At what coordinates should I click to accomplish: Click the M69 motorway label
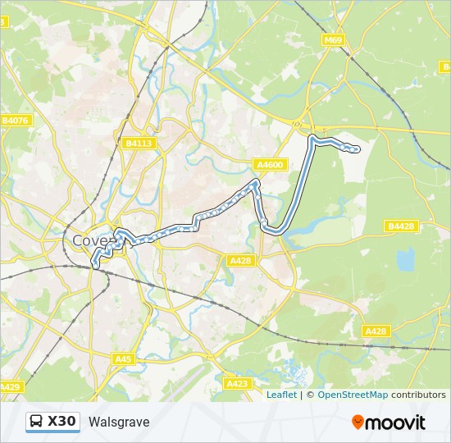333,39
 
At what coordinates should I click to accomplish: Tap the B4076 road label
15,121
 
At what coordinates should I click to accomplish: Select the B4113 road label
139,143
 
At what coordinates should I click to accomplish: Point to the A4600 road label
270,165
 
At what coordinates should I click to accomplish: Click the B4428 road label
402,226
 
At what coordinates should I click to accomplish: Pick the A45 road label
123,359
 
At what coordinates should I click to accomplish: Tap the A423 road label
236,383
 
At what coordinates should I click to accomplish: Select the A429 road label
9,386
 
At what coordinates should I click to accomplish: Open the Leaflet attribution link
281,395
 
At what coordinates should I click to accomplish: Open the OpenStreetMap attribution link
353,395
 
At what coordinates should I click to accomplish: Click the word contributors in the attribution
418,395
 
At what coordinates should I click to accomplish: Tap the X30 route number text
62,422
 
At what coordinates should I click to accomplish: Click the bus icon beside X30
37,422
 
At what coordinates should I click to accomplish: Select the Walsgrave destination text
119,422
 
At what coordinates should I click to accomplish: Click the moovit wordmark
395,422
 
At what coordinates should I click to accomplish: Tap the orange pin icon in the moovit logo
358,422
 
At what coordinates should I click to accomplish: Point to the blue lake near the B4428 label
405,260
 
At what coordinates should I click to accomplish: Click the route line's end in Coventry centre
96,265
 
